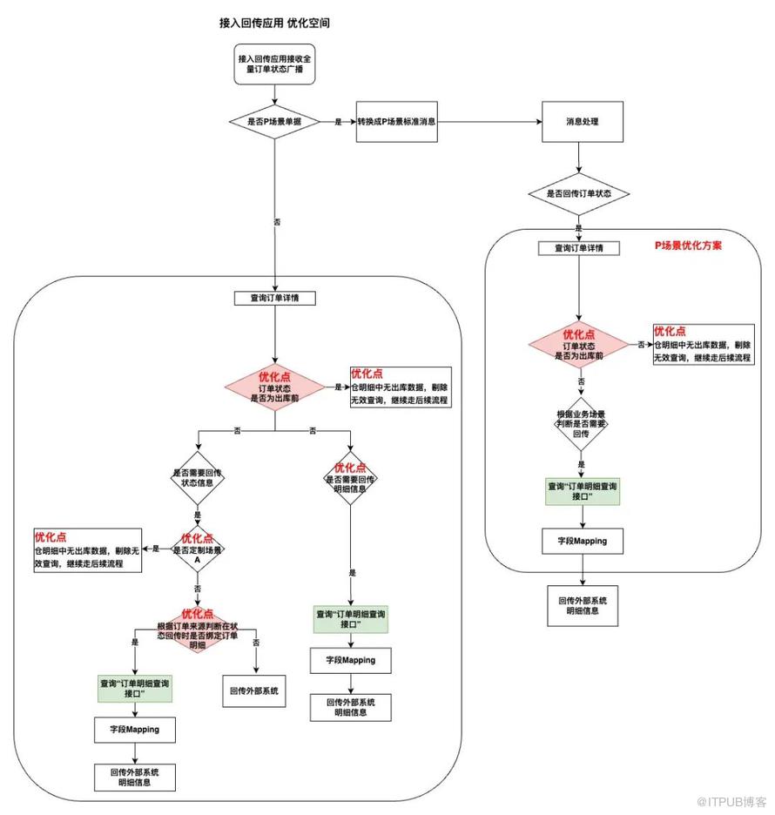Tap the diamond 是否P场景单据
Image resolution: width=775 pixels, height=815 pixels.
pyautogui.click(x=274, y=122)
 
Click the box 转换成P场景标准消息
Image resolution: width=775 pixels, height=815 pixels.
pyautogui.click(x=396, y=122)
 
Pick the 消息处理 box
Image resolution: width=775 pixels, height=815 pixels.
pyautogui.click(x=583, y=122)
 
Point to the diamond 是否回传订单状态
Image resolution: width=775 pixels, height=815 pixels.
pyautogui.click(x=578, y=193)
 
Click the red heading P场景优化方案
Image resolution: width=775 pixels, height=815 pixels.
pyautogui.click(x=688, y=246)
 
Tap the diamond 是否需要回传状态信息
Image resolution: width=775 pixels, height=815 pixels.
pyautogui.click(x=198, y=478)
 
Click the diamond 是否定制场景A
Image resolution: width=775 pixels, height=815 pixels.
pyautogui.click(x=198, y=549)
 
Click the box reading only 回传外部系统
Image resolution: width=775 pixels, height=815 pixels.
pyautogui.click(x=254, y=691)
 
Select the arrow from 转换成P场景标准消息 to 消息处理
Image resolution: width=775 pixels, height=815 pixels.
pyautogui.click(x=489, y=122)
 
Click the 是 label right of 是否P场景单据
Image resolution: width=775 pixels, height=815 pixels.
pyautogui.click(x=338, y=122)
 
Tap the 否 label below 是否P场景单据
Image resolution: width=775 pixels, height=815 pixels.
pyautogui.click(x=276, y=222)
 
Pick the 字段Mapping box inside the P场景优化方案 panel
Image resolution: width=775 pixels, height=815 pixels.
pyautogui.click(x=582, y=541)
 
